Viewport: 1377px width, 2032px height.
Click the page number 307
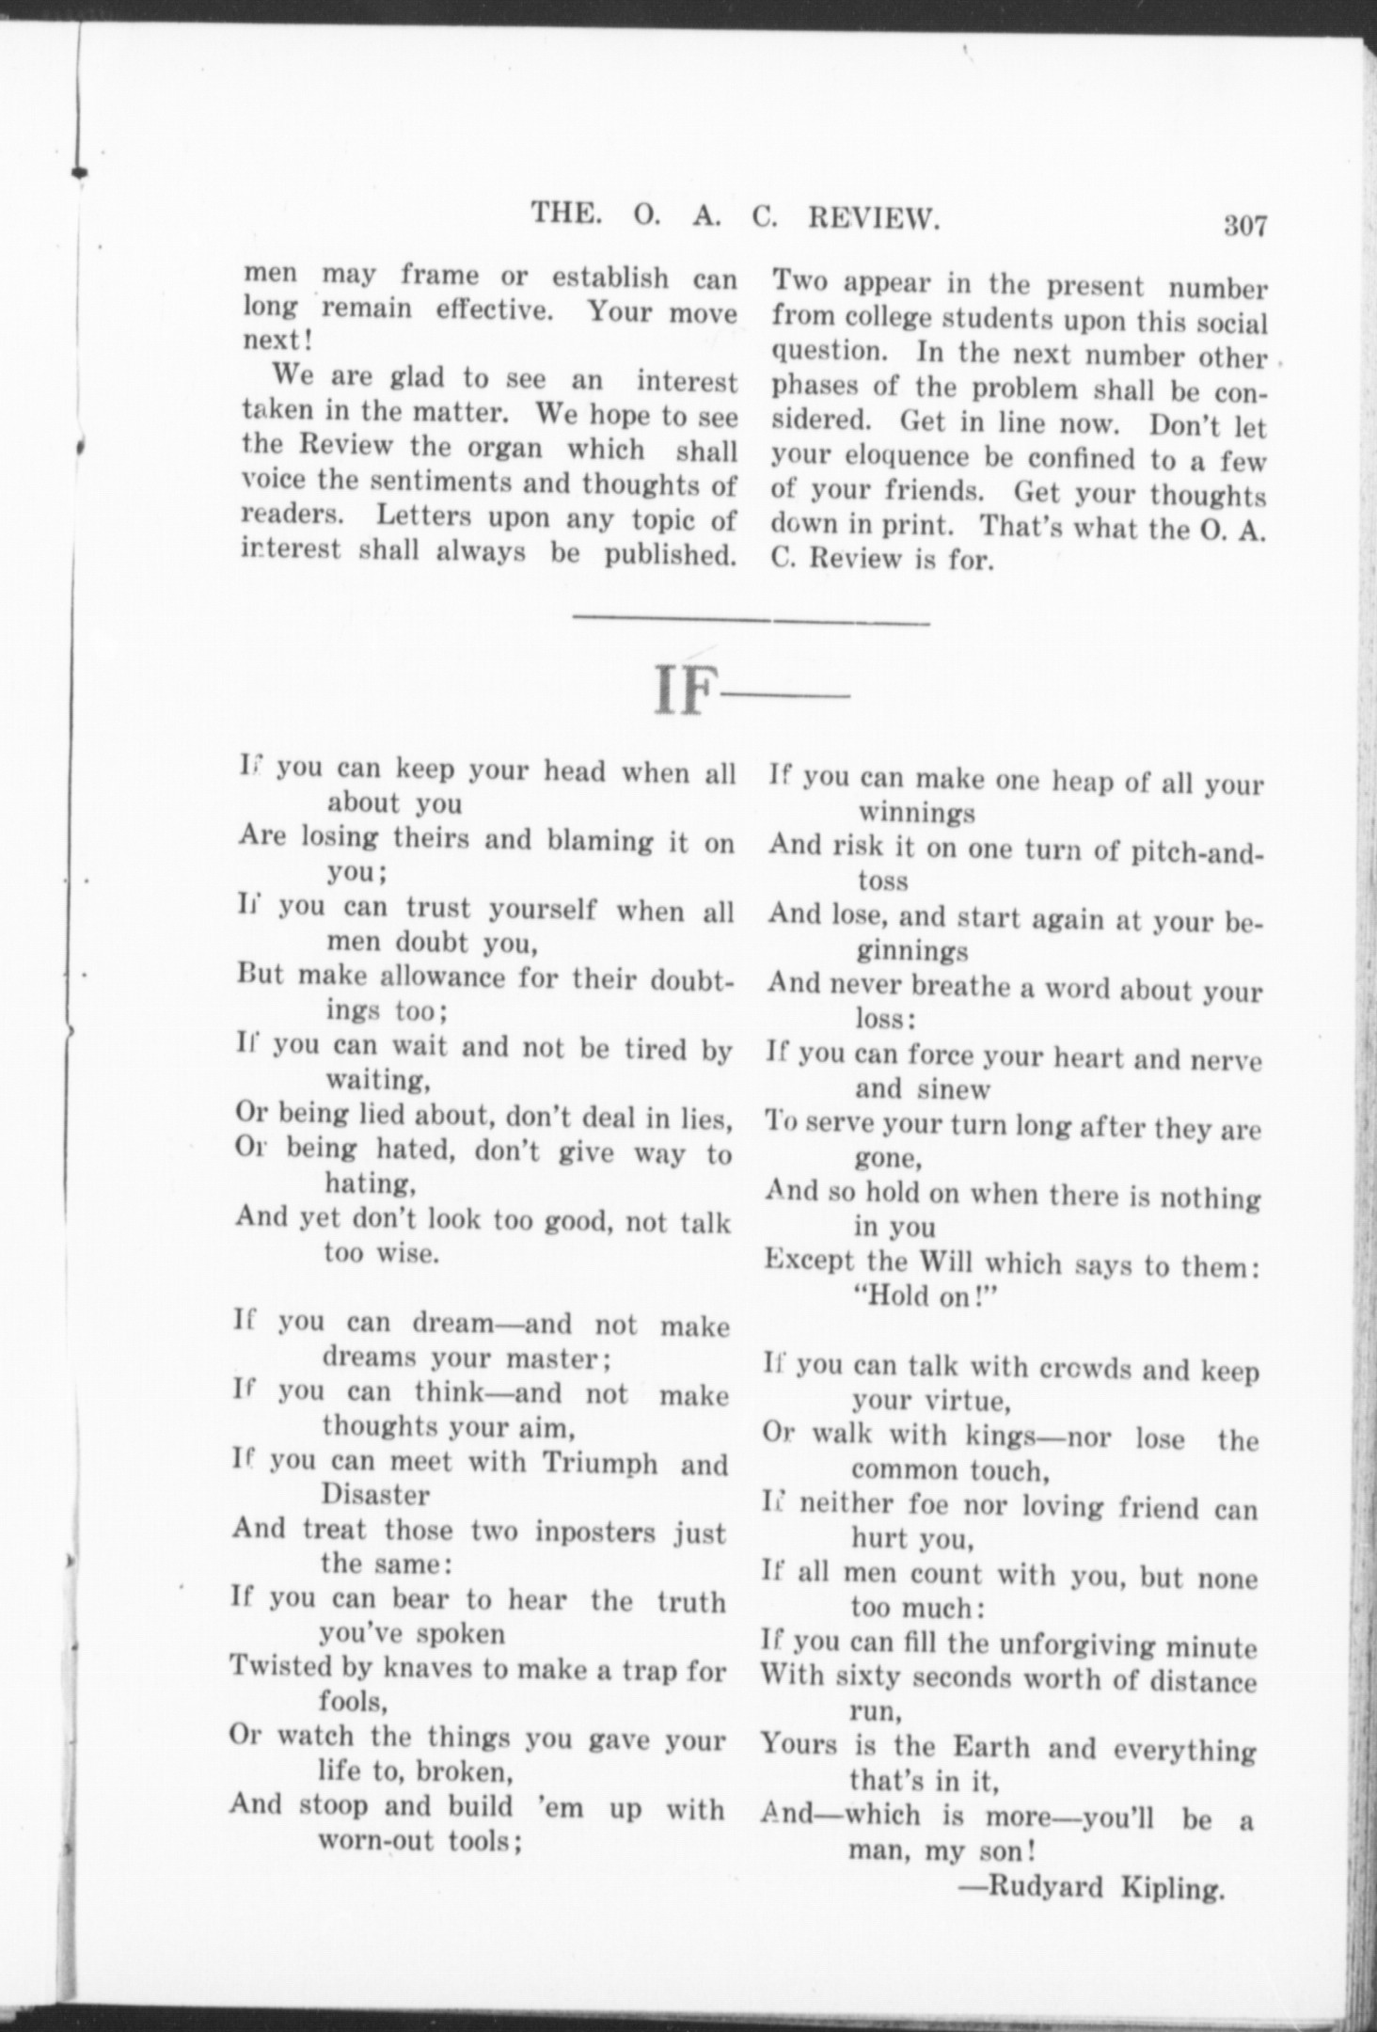1245,227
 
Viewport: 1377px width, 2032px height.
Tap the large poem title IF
679,693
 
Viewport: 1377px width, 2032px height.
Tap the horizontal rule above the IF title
751,621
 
